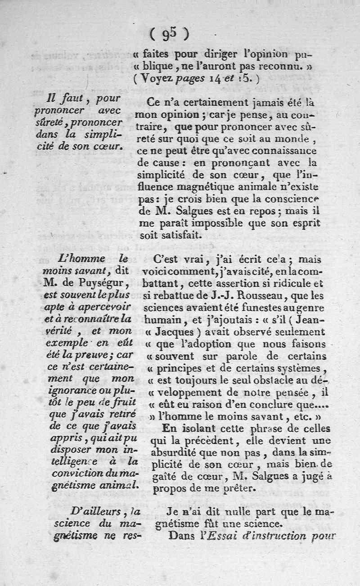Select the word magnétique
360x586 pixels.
point(201,185)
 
